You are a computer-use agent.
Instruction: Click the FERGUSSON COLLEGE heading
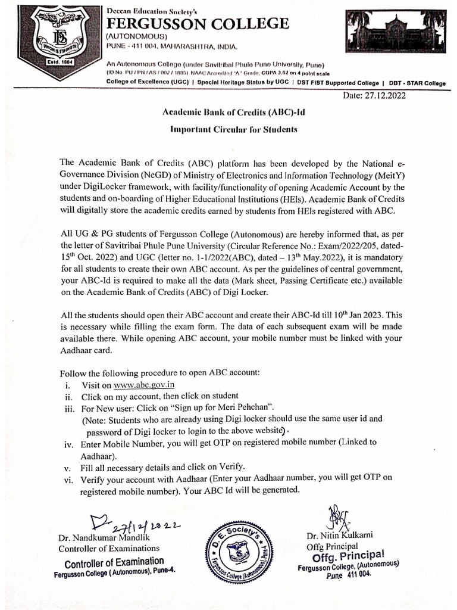tap(197, 23)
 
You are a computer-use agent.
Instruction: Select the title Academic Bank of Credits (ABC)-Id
tap(229, 112)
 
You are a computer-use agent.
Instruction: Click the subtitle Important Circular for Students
tap(229, 129)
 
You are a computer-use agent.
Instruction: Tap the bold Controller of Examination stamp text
tap(114, 561)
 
